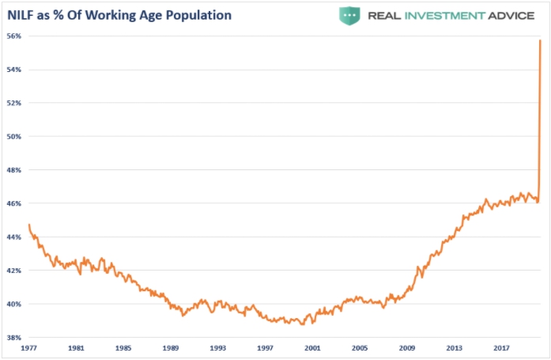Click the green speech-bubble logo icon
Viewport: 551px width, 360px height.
click(x=350, y=14)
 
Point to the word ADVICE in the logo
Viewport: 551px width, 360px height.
click(x=517, y=15)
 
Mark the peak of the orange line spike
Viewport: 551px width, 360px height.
click(x=540, y=40)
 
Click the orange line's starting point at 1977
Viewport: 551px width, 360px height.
click(x=28, y=225)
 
